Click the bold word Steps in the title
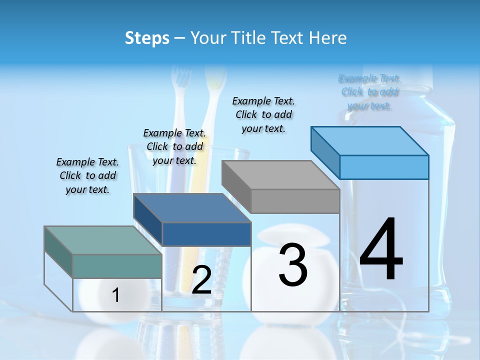click(147, 38)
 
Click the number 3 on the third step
click(292, 264)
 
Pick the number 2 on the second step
click(201, 280)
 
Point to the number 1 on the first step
click(116, 295)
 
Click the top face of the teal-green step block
click(103, 240)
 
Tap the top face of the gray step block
click(280, 175)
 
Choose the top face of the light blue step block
click(369, 141)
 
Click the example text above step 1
click(87, 175)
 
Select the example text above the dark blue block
click(174, 146)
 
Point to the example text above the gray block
click(263, 114)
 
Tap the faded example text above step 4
click(369, 92)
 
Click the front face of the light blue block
click(384, 167)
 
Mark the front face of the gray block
click(295, 201)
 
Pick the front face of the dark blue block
click(206, 234)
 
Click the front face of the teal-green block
click(117, 266)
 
